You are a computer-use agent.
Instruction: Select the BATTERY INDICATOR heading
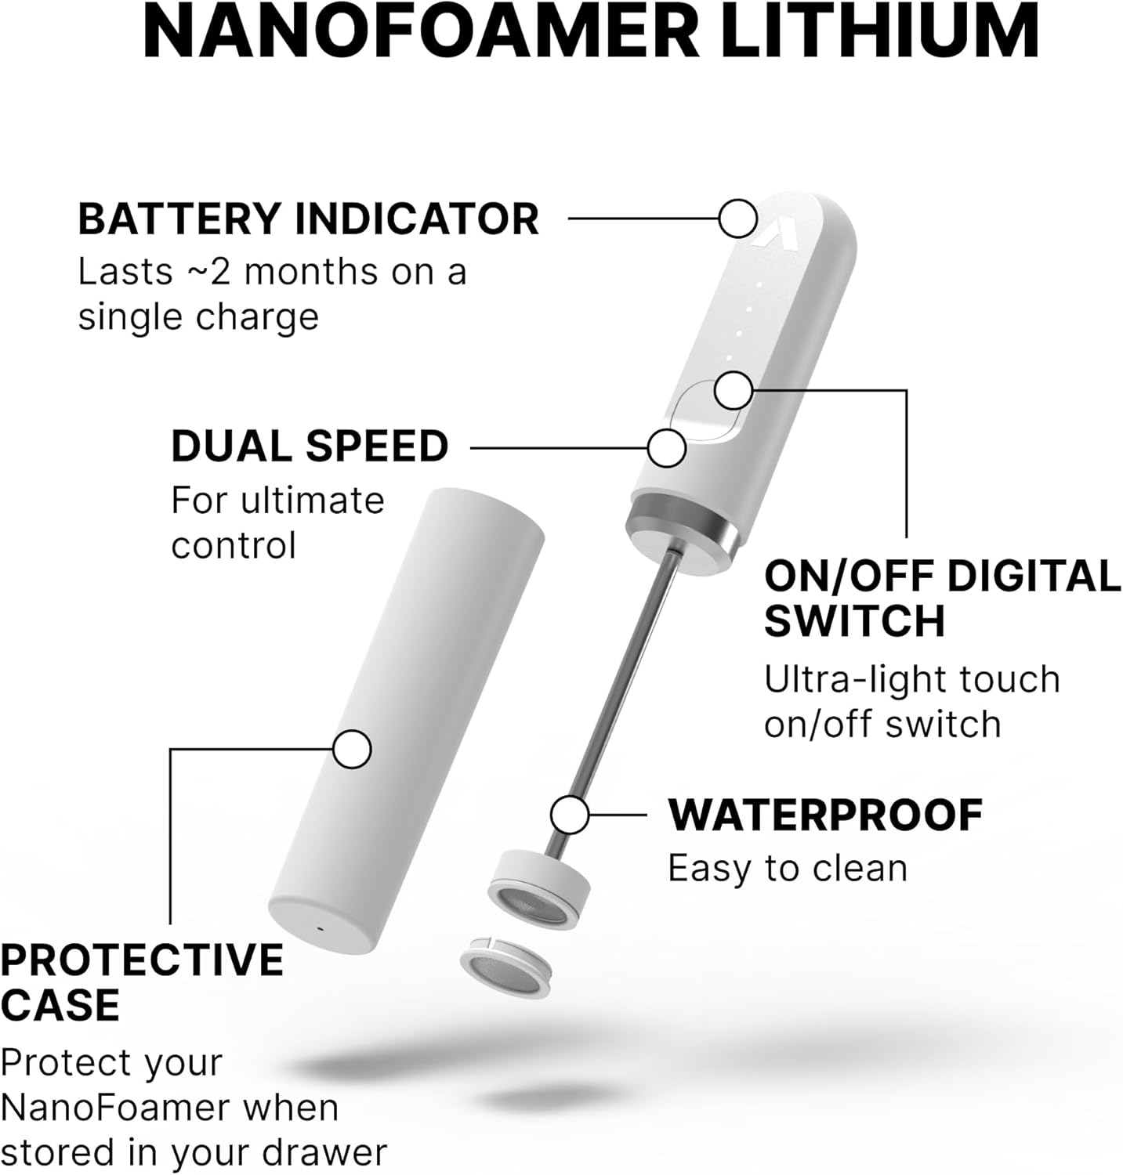pyautogui.click(x=308, y=219)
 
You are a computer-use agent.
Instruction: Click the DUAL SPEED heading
pyautogui.click(x=310, y=446)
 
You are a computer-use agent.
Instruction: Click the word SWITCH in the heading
pyautogui.click(x=854, y=621)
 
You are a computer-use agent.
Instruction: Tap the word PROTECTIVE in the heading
pyautogui.click(x=142, y=960)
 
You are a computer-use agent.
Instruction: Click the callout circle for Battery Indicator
pyautogui.click(x=737, y=218)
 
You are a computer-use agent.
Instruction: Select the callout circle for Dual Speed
pyautogui.click(x=667, y=448)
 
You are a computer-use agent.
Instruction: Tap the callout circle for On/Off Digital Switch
pyautogui.click(x=734, y=389)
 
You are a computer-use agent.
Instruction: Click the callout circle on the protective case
pyautogui.click(x=352, y=750)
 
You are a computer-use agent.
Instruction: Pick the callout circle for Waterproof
pyautogui.click(x=570, y=815)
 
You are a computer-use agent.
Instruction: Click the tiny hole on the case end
pyautogui.click(x=320, y=929)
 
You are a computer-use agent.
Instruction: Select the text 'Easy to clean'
pyautogui.click(x=787, y=869)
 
